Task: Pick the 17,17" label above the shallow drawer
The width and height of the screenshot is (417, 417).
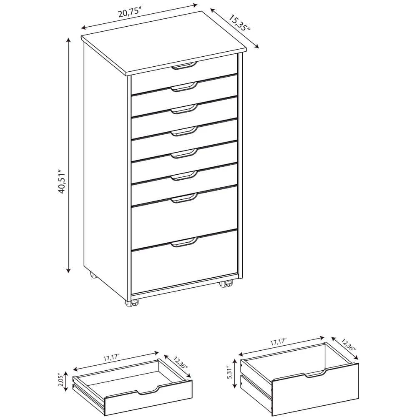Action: pyautogui.click(x=111, y=357)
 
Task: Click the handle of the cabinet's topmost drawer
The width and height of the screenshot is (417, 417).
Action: pyautogui.click(x=183, y=65)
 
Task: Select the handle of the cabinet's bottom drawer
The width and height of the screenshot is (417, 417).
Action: pyautogui.click(x=183, y=242)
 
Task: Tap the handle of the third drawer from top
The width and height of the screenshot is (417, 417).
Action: pyautogui.click(x=183, y=109)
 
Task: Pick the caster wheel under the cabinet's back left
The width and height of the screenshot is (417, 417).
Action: pyautogui.click(x=92, y=276)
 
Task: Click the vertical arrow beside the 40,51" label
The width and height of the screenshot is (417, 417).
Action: pyautogui.click(x=68, y=154)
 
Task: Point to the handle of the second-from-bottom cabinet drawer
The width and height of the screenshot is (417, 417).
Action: pyautogui.click(x=183, y=198)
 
